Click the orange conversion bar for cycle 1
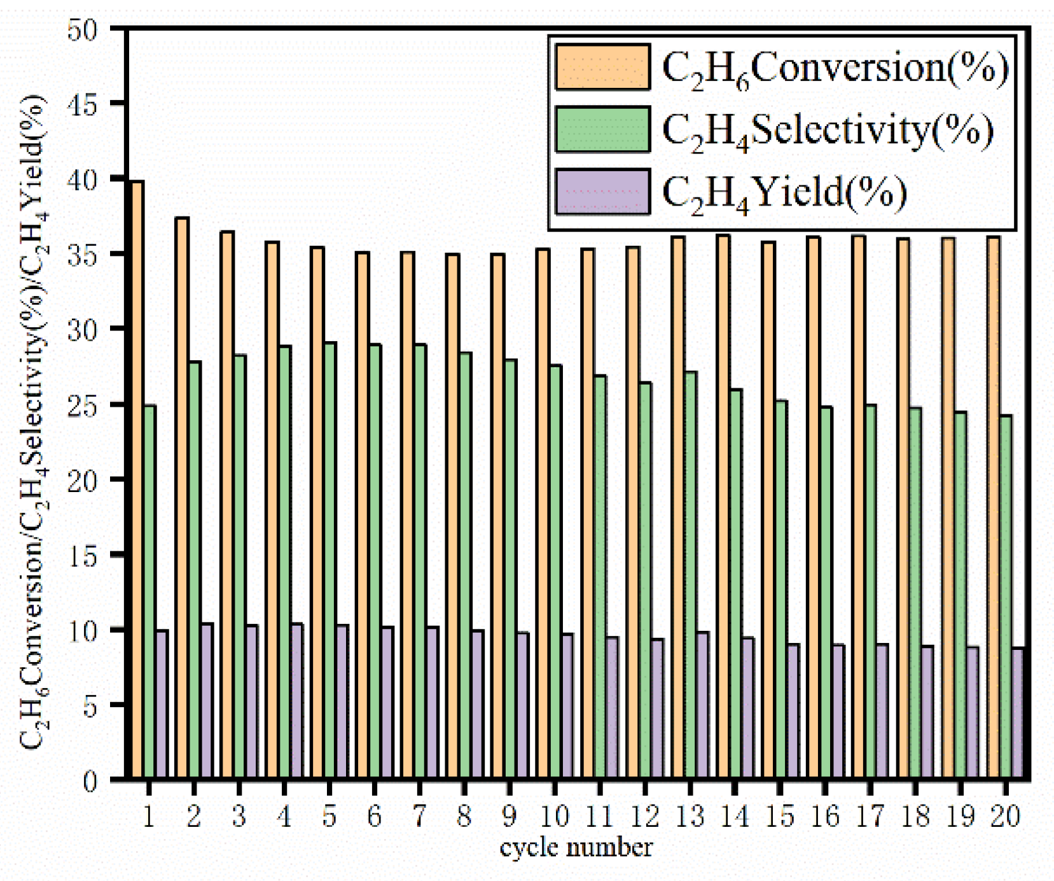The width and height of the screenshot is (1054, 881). tap(137, 477)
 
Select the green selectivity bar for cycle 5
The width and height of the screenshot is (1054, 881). tap(329, 560)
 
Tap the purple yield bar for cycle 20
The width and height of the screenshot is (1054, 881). tap(1017, 713)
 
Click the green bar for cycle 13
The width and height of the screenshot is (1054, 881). tap(690, 573)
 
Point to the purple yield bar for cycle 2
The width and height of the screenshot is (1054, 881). tap(206, 700)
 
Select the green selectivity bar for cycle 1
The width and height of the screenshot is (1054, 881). tap(149, 592)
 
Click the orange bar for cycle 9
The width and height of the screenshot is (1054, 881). tap(497, 516)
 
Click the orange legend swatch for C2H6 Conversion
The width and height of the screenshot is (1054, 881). tap(602, 67)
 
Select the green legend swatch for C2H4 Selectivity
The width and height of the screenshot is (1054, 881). tap(602, 129)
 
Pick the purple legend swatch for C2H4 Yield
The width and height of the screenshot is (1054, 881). tap(602, 191)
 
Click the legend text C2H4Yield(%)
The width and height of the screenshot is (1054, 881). tap(784, 192)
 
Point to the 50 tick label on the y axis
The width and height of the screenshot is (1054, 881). tap(82, 29)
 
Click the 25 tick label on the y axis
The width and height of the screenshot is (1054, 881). tap(82, 404)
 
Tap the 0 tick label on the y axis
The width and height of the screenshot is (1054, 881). tap(90, 780)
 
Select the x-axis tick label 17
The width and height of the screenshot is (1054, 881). tap(870, 816)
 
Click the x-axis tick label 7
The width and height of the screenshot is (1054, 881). tap(419, 816)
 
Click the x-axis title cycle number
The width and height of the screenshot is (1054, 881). tap(576, 848)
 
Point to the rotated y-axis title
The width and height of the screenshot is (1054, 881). tap(33, 420)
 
